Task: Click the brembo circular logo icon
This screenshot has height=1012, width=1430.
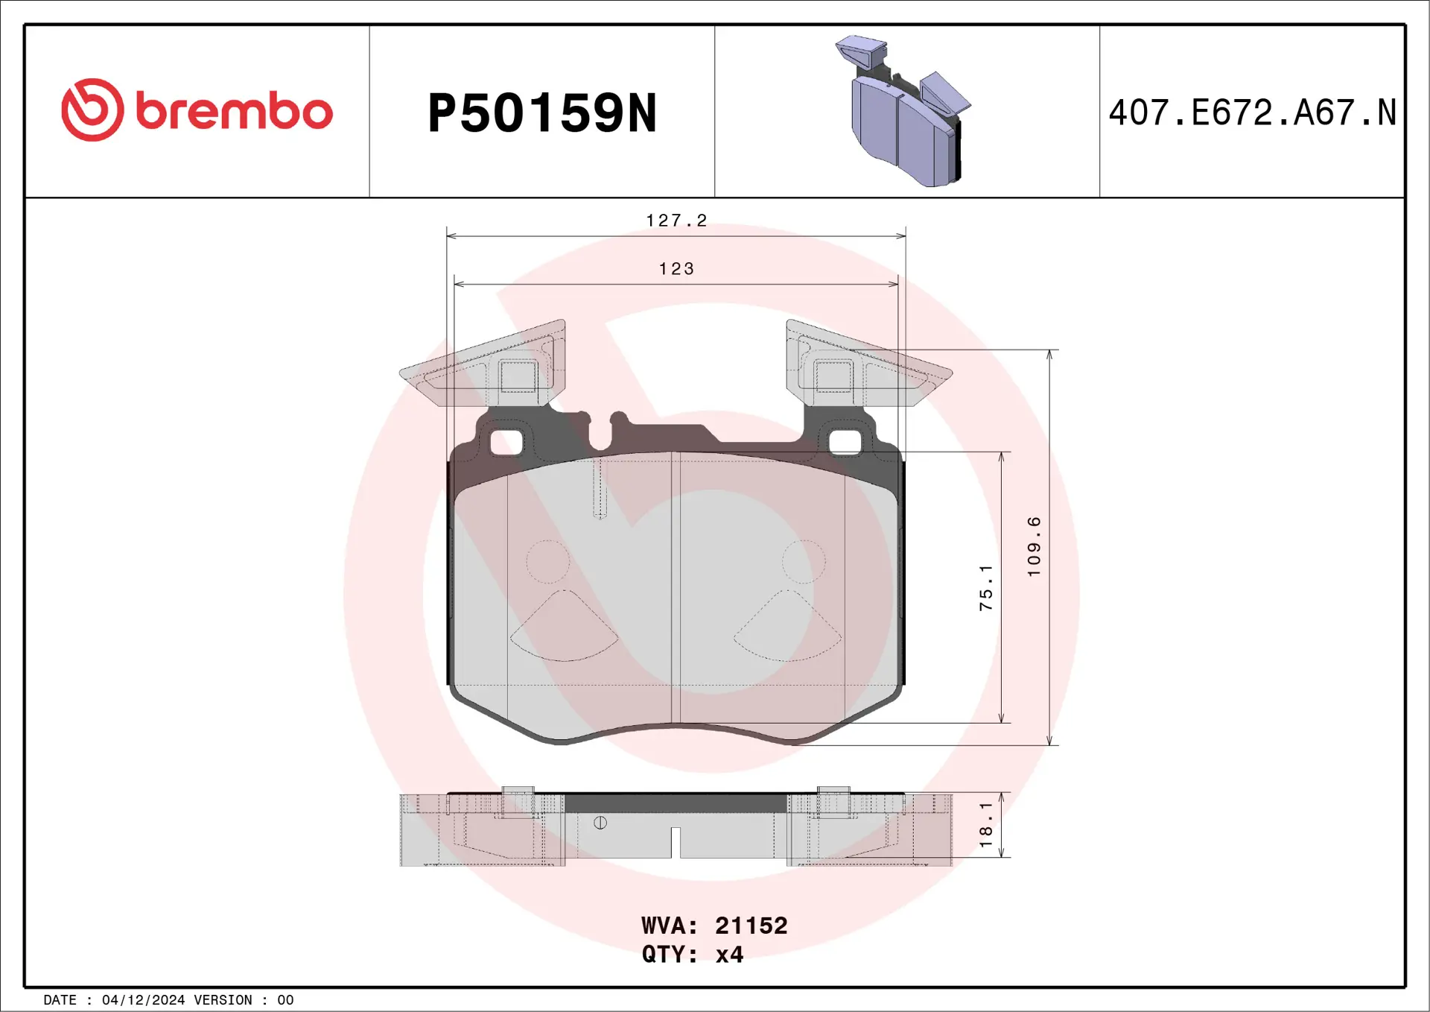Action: (x=92, y=110)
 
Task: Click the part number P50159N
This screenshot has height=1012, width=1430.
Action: (x=541, y=113)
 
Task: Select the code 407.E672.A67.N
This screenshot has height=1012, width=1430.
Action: (x=1252, y=113)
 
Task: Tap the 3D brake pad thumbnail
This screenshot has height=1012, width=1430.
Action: (x=904, y=112)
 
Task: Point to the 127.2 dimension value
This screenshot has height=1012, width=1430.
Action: (x=676, y=221)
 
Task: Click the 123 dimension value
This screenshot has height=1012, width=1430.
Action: (x=676, y=268)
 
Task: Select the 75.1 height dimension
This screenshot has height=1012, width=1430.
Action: (x=985, y=587)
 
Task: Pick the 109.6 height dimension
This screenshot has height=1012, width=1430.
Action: (x=1034, y=546)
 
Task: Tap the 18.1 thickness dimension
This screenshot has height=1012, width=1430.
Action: (x=985, y=824)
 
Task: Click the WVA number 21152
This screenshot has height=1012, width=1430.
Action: (x=751, y=926)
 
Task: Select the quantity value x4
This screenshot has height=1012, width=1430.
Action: (x=729, y=955)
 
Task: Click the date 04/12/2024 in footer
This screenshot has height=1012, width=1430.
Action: (x=143, y=1000)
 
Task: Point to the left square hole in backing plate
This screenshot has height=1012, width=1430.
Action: (x=506, y=443)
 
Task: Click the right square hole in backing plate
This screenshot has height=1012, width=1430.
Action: (x=845, y=443)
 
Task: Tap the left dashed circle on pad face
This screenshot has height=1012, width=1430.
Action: (x=548, y=561)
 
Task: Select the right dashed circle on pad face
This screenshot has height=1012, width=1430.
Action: (x=804, y=561)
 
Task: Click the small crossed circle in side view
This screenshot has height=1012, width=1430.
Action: (x=600, y=823)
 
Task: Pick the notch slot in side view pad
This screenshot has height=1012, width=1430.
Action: (x=676, y=842)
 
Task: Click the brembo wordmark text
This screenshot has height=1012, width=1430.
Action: (x=234, y=112)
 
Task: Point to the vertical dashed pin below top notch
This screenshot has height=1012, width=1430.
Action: (x=600, y=488)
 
